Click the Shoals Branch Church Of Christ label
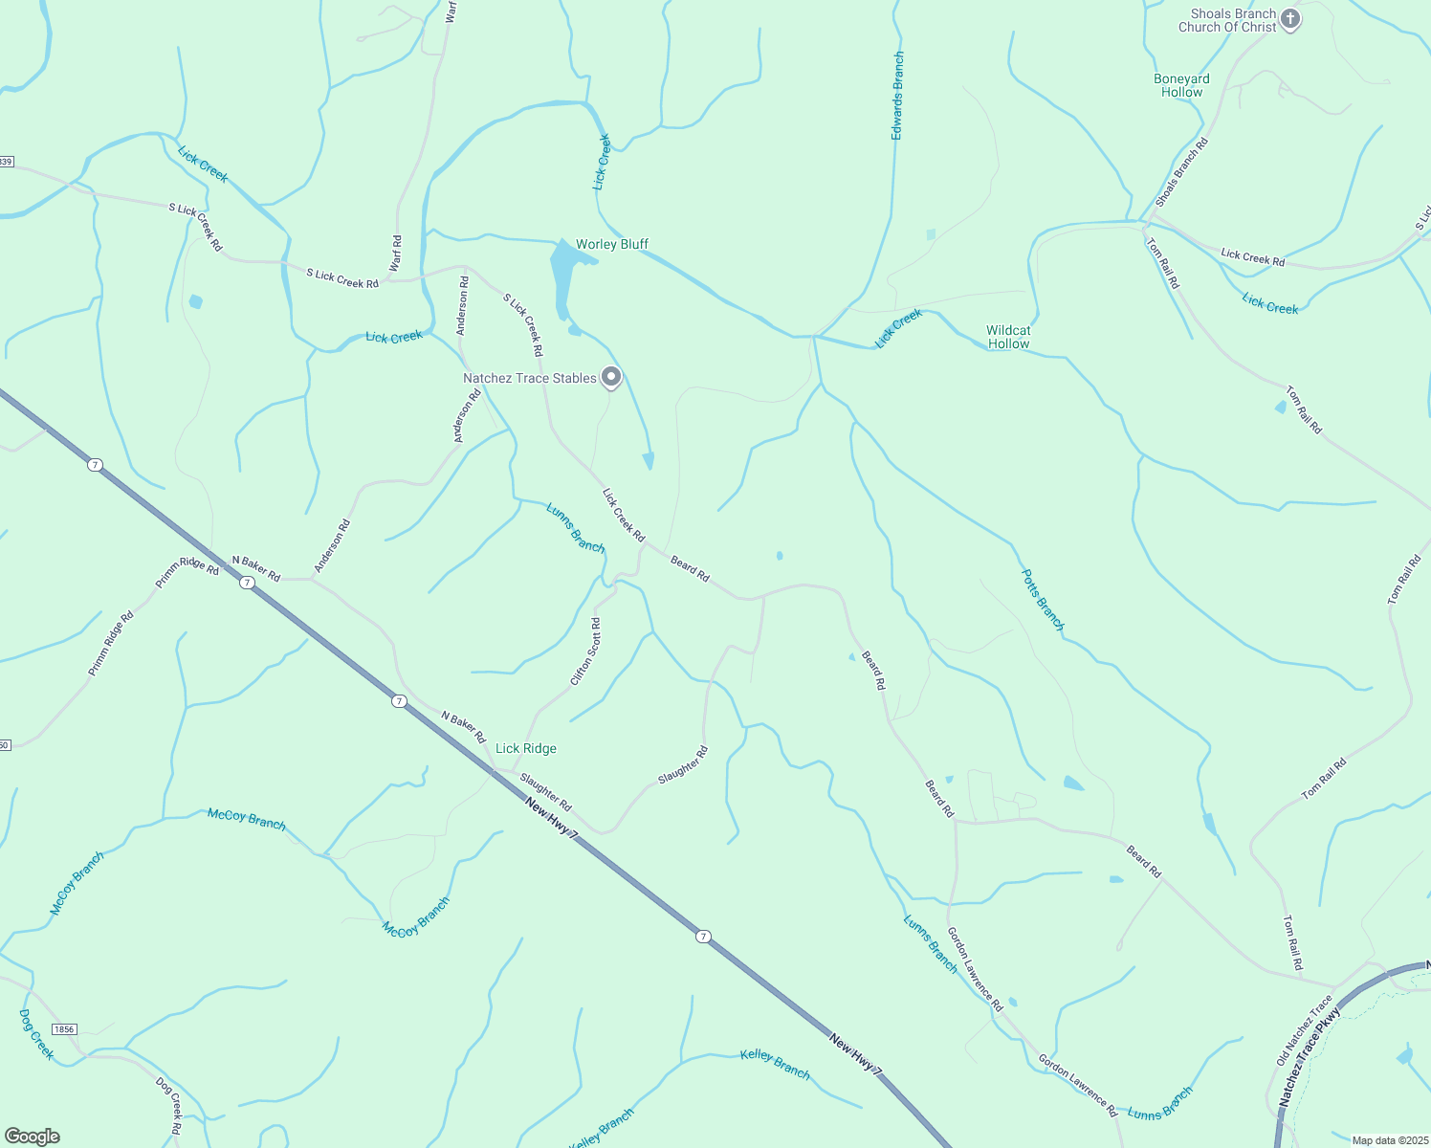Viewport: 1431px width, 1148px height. (x=1227, y=20)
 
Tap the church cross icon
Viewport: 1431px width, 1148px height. (x=1290, y=19)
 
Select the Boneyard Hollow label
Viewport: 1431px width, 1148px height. (x=1181, y=85)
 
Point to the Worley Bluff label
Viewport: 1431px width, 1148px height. (x=612, y=244)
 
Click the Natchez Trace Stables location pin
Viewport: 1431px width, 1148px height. (x=611, y=378)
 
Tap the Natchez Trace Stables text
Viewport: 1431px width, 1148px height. (x=529, y=378)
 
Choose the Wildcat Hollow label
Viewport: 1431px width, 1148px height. (x=1008, y=337)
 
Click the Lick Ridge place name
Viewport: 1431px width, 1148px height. (x=525, y=748)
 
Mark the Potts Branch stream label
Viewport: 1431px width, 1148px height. (x=1043, y=600)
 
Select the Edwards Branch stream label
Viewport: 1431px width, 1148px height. (x=897, y=96)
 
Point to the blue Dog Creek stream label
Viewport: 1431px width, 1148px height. (x=36, y=1033)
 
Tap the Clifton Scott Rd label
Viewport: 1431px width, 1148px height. (x=585, y=651)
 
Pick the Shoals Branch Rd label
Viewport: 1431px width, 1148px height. (x=1181, y=172)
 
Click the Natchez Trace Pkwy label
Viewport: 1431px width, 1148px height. (x=1310, y=1057)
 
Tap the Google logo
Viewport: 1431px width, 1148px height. (x=33, y=1137)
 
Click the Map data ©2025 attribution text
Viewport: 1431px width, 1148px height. (x=1390, y=1140)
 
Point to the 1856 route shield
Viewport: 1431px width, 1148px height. (x=64, y=1029)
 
